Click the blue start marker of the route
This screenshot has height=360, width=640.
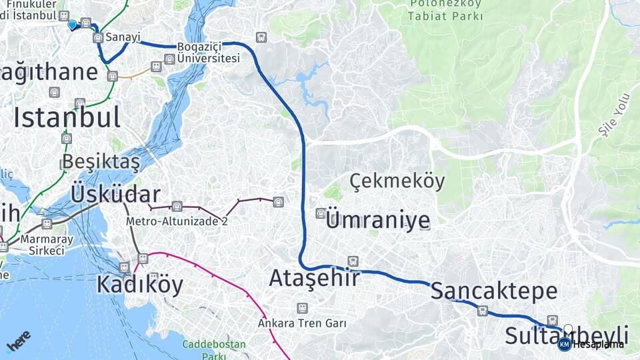tap(72, 25)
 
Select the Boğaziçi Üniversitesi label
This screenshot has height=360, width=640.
tap(209, 53)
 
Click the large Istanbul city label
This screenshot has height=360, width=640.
tap(67, 117)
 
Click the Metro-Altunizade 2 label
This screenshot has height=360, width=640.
tap(177, 221)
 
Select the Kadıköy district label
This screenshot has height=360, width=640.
tap(139, 285)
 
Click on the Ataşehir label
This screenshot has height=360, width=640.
tap(314, 278)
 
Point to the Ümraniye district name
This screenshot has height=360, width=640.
tap(378, 221)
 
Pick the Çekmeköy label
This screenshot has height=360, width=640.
tap(397, 181)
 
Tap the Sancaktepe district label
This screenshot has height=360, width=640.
tap(493, 291)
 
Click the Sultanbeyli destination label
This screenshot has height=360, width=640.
tap(566, 335)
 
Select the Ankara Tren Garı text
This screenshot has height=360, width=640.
tap(302, 323)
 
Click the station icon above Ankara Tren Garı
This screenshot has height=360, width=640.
tap(303, 309)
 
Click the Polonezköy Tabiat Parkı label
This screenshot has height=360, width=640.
tap(446, 11)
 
